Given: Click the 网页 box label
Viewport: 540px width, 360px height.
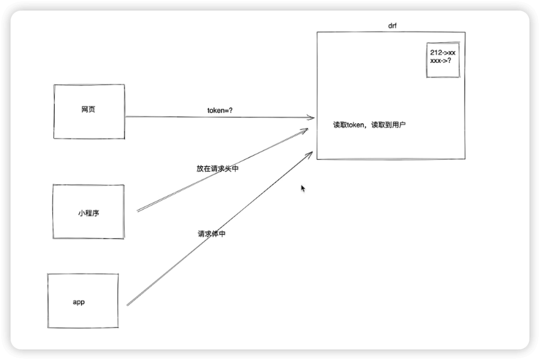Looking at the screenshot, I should (88, 110).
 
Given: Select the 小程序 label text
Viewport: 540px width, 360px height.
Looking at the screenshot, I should (88, 213).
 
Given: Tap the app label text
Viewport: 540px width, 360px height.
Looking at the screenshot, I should (79, 302).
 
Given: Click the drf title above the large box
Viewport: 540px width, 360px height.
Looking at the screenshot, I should (393, 26).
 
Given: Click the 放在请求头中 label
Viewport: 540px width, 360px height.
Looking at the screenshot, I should (217, 169).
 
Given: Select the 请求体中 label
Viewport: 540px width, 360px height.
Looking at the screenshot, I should (212, 233).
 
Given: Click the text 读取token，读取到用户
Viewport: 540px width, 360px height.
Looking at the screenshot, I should (369, 125).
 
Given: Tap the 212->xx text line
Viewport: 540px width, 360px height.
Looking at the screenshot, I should (442, 53).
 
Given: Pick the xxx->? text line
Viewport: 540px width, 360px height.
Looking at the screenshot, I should (441, 60).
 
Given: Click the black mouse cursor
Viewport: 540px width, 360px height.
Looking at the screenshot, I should (303, 189).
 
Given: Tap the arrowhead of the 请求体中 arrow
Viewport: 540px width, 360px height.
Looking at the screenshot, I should (308, 154).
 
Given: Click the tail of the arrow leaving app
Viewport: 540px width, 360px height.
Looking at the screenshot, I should (128, 305).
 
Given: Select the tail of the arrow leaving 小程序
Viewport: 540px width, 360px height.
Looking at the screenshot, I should (138, 210).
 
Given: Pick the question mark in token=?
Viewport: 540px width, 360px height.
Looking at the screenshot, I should (239, 110).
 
